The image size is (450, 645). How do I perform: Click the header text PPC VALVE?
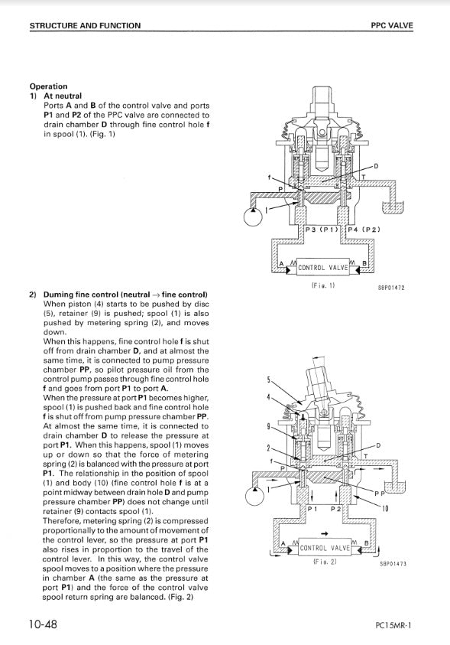coord(392,25)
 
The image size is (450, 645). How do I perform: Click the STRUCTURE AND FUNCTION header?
coord(85,25)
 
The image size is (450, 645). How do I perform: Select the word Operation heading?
coord(48,86)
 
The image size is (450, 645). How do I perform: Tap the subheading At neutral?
coord(63,96)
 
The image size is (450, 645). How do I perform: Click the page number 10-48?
coord(43,624)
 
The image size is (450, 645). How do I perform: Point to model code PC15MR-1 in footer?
coord(393,626)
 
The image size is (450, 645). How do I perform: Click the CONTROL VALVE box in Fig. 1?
coord(322,267)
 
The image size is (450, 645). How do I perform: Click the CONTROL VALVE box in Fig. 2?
coord(325,548)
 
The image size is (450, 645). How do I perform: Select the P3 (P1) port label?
coord(322,230)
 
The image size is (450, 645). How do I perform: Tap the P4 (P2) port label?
coord(364,230)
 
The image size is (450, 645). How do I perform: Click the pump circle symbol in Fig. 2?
coord(255,496)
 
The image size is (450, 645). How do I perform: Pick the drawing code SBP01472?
coord(391,288)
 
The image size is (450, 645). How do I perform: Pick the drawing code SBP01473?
coord(393,564)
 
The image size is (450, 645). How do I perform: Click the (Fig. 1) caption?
coord(323,285)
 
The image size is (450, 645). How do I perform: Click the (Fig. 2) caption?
coord(325,562)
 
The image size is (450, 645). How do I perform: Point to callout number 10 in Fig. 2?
coord(385,509)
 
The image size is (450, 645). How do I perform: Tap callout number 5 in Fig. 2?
coord(269,380)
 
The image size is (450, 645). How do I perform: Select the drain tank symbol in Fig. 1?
coord(392,208)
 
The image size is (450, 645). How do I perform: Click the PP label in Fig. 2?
coord(380,493)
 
